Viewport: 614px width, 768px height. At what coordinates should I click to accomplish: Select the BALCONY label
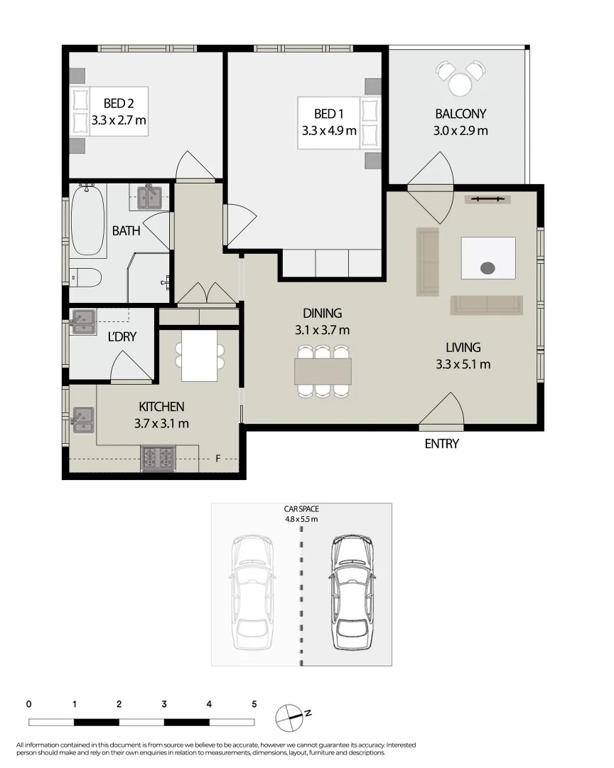click(460, 114)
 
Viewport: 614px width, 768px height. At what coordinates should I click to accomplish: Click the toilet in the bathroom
click(85, 277)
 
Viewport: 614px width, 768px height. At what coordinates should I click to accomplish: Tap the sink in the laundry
click(84, 321)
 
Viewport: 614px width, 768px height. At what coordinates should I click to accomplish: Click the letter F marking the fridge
click(218, 459)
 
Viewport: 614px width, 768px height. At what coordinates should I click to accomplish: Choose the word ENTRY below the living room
click(441, 444)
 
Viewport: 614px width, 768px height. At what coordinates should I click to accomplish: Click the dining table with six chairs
click(323, 370)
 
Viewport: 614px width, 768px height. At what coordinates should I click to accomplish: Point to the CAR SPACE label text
click(301, 509)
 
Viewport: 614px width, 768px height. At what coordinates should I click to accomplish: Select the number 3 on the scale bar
click(164, 704)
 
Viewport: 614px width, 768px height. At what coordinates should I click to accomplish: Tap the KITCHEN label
click(161, 407)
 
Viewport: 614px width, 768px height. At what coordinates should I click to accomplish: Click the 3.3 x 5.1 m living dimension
click(463, 365)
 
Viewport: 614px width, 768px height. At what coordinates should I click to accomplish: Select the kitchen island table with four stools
click(200, 356)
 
